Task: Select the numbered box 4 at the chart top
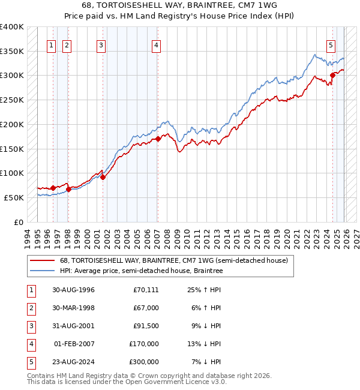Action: click(156, 44)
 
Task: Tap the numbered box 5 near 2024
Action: click(331, 44)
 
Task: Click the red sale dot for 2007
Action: click(158, 139)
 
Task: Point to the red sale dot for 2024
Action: click(332, 75)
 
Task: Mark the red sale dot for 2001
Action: click(103, 177)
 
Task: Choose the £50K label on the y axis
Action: click(14, 197)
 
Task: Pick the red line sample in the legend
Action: click(42, 261)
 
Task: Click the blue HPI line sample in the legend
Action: click(42, 271)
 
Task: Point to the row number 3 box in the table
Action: click(30, 326)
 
